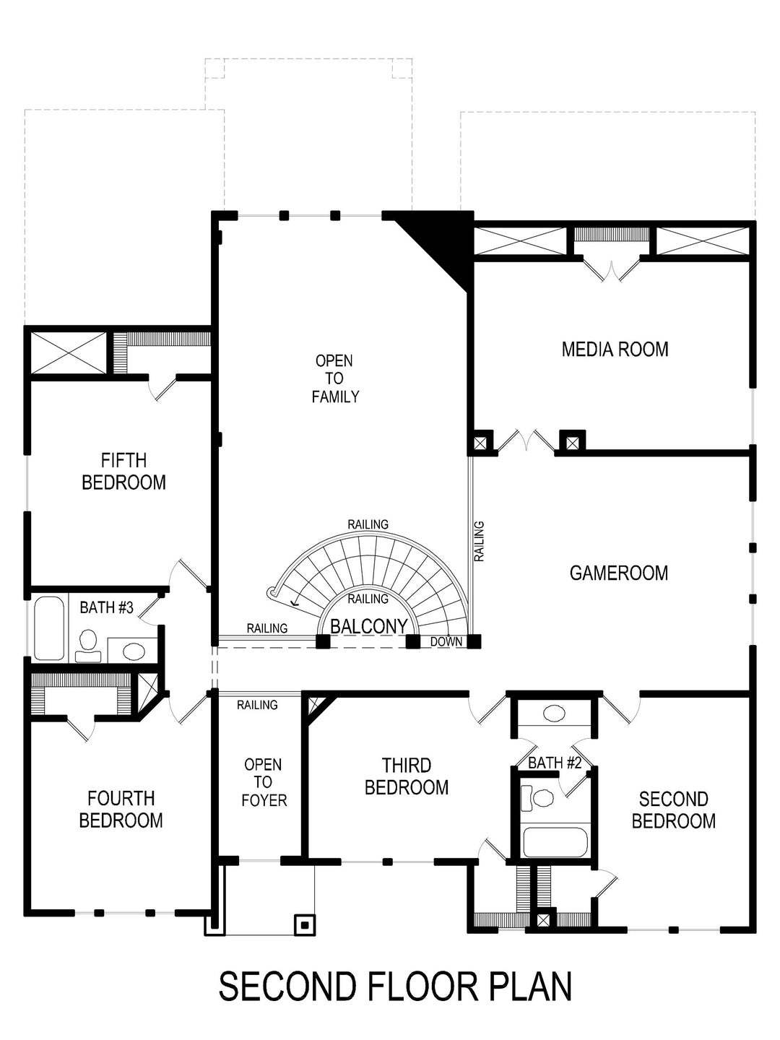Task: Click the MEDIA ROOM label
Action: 615,350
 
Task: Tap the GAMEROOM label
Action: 618,573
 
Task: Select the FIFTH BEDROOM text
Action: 123,471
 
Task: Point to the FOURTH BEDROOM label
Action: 121,810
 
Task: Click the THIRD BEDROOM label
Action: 407,776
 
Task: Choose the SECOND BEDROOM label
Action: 673,810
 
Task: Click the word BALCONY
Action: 369,627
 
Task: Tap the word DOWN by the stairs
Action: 446,641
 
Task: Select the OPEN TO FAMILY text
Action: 334,378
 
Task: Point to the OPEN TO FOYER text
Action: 263,782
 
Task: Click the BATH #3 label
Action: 107,607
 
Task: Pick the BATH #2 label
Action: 555,763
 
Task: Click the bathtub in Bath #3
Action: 48,628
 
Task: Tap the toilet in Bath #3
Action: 88,643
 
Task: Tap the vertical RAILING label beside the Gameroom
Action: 479,542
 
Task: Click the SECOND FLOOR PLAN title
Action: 395,987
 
